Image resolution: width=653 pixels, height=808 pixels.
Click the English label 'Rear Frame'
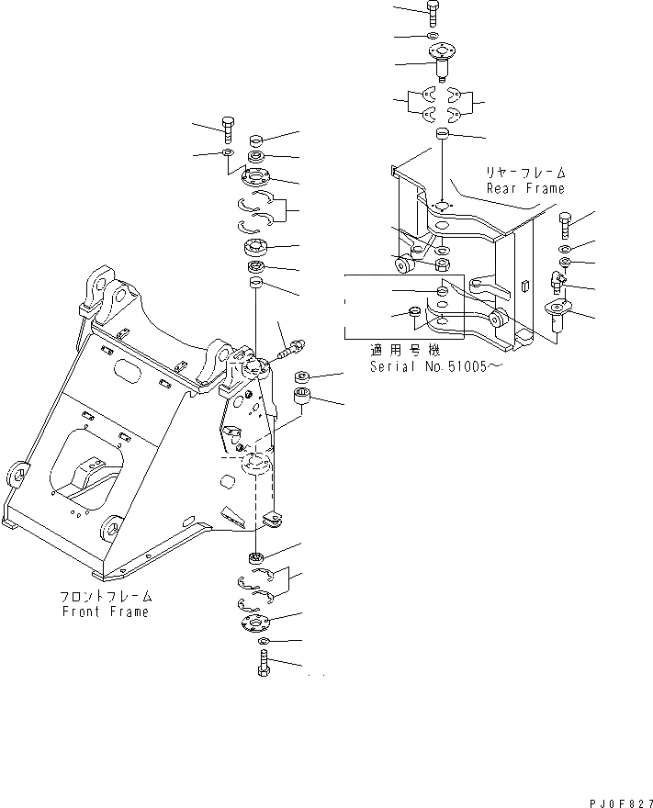tap(525, 188)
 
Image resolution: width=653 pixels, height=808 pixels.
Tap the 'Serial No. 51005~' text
tap(436, 366)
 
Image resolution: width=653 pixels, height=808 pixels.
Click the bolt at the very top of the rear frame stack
tap(433, 12)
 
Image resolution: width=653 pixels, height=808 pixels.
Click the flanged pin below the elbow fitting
tap(558, 314)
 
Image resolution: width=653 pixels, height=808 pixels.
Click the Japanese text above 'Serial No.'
tap(405, 350)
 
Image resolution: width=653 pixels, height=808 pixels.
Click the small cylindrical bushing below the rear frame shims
tap(442, 135)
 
